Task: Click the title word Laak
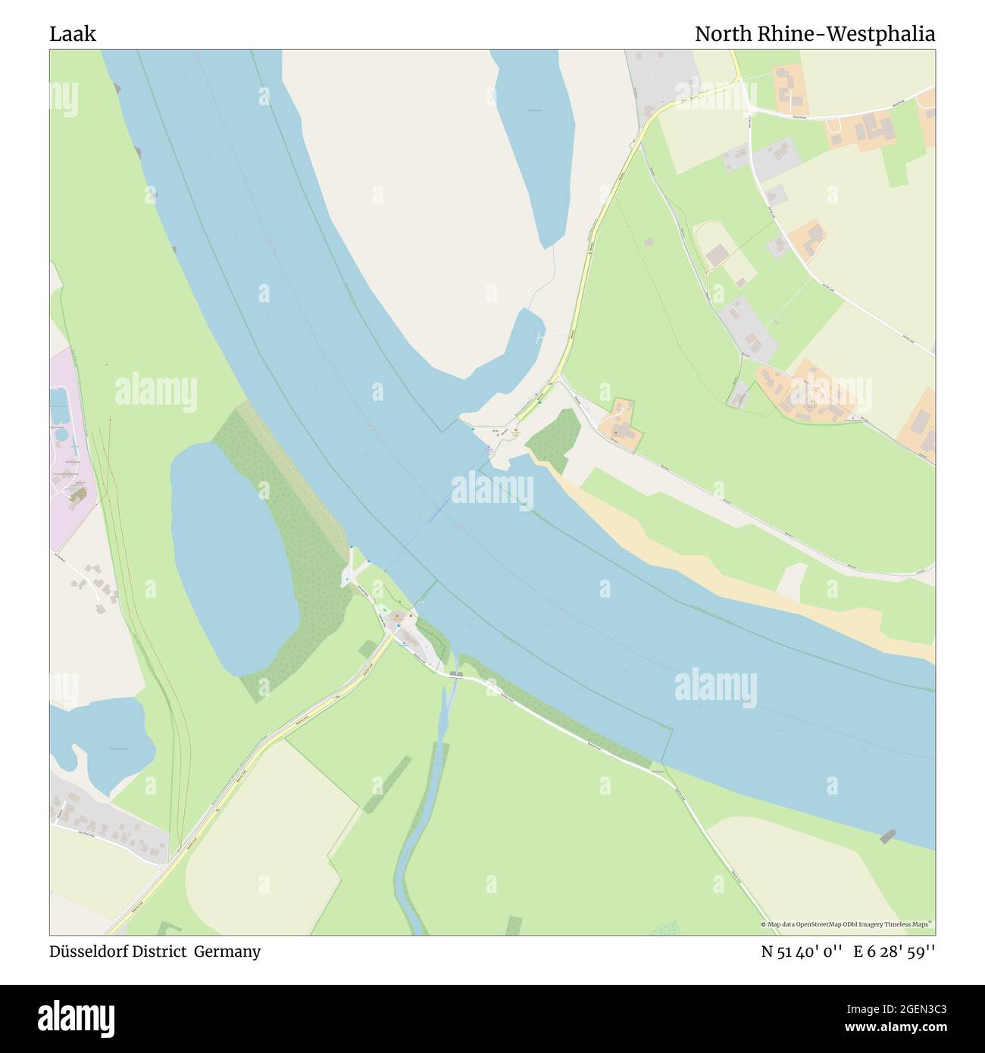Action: tap(73, 34)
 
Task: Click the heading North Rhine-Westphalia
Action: tap(815, 34)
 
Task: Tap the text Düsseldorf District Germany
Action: tap(155, 951)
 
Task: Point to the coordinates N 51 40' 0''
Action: tap(802, 951)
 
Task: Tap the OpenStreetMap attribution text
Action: tap(848, 924)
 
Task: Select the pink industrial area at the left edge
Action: tap(68, 455)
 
